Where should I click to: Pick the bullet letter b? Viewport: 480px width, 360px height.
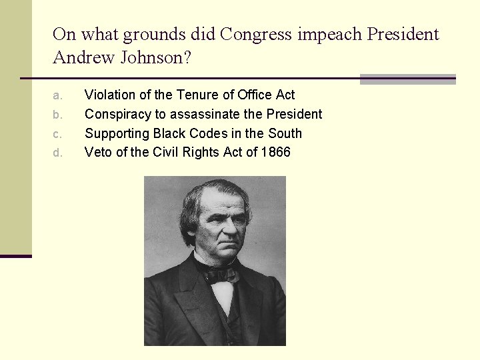coord(58,115)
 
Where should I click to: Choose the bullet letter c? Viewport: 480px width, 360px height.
coord(58,134)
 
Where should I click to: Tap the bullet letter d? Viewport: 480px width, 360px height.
coord(58,153)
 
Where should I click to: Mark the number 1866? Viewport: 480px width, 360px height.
coord(275,152)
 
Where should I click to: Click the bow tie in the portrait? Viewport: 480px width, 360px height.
coord(223,273)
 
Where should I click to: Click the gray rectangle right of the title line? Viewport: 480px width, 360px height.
coord(407,79)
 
